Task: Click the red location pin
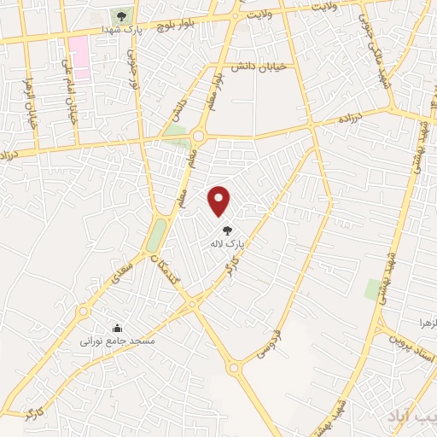pyautogui.click(x=220, y=201)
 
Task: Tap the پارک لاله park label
pyautogui.click(x=228, y=243)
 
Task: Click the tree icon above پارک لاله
pyautogui.click(x=227, y=230)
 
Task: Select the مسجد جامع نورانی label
pyautogui.click(x=117, y=341)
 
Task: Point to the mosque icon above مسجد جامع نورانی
pyautogui.click(x=117, y=328)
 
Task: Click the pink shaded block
pyautogui.click(x=79, y=56)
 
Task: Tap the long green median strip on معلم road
pyautogui.click(x=157, y=232)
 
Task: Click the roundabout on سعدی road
pyautogui.click(x=193, y=302)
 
